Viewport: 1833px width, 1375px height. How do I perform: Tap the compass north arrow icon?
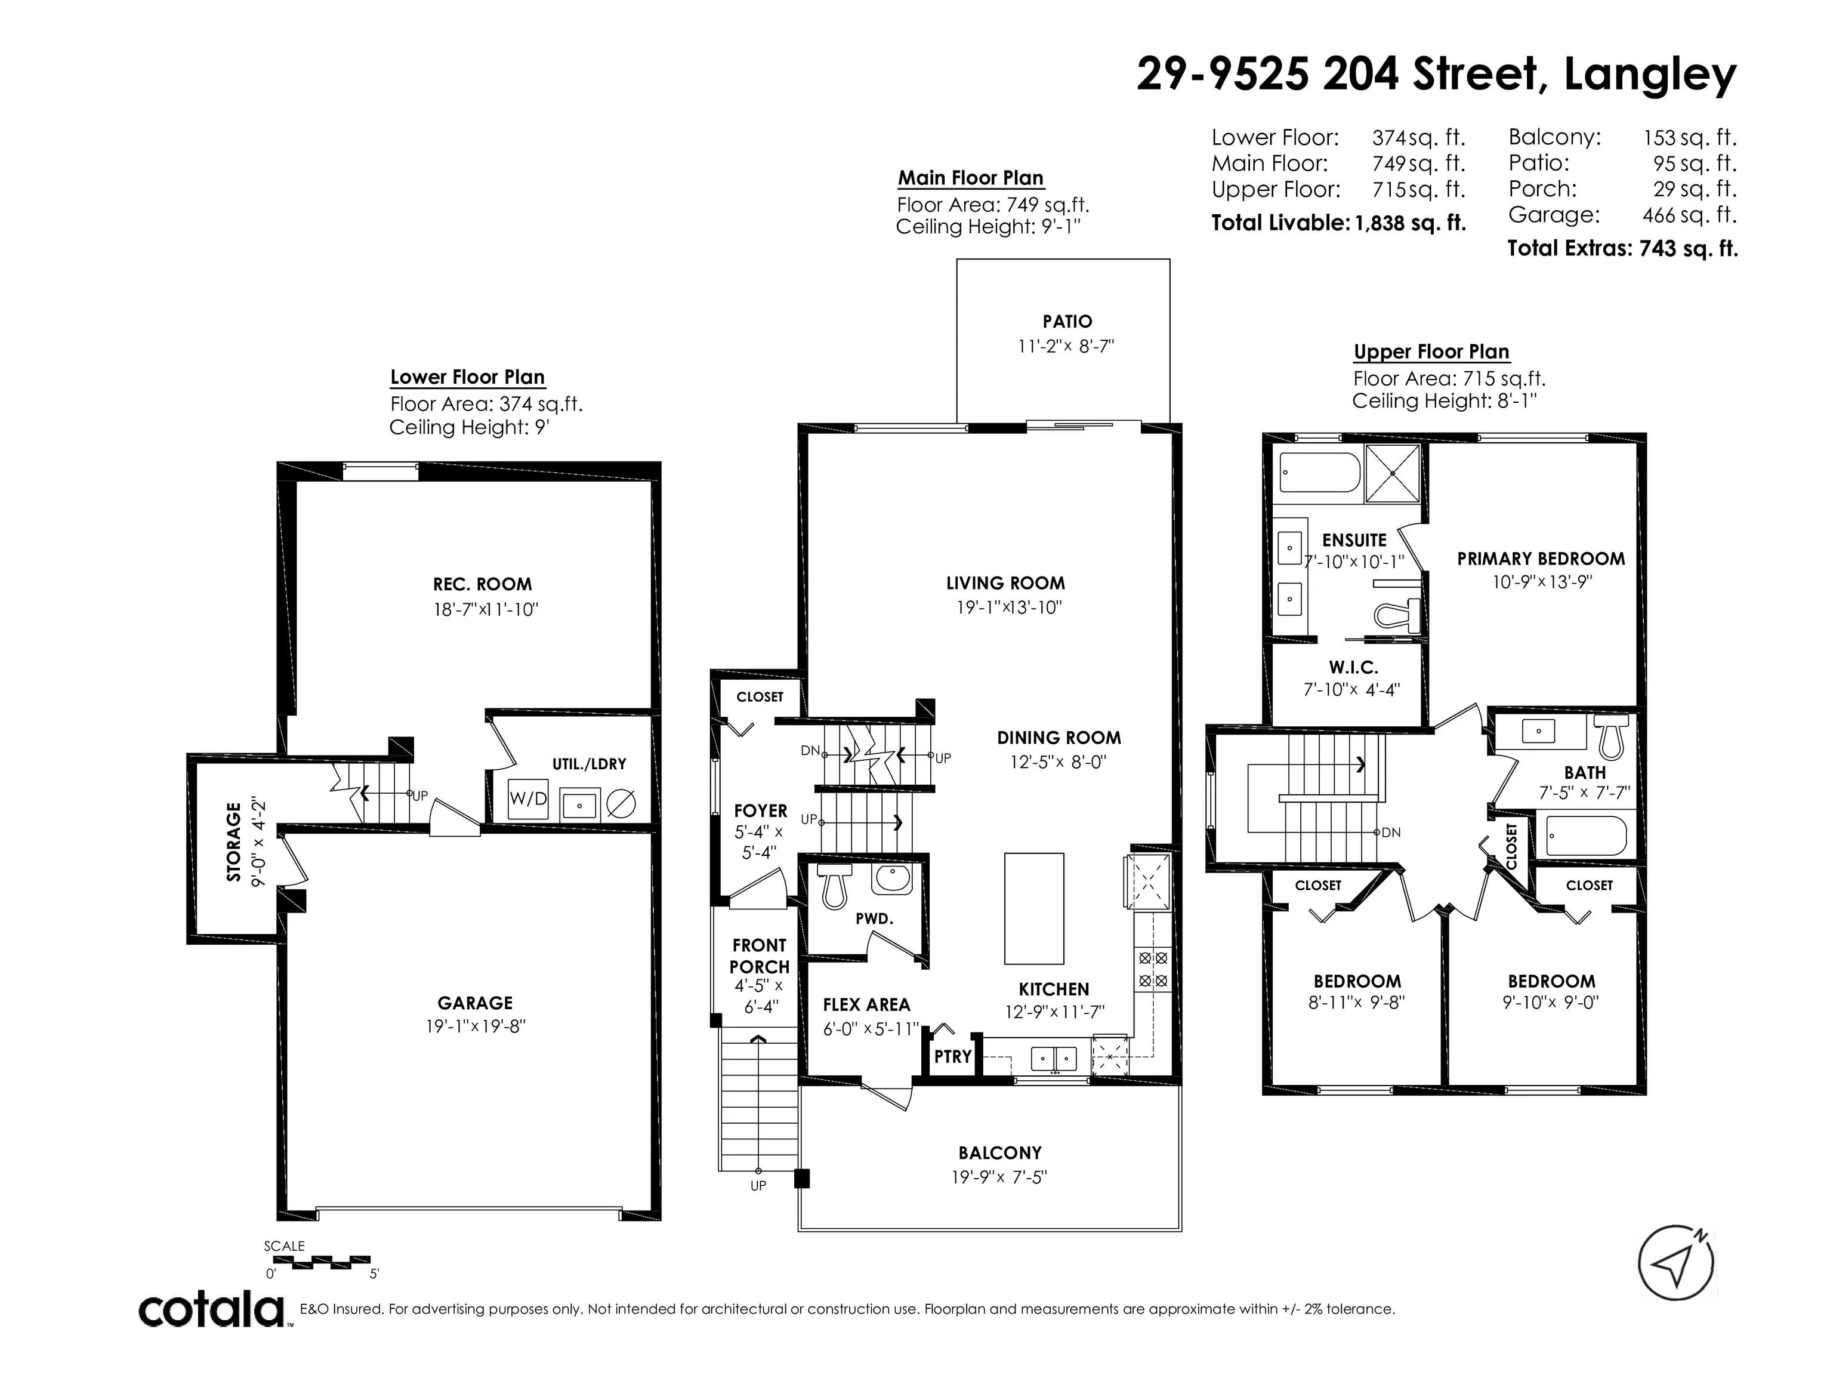point(1675,1263)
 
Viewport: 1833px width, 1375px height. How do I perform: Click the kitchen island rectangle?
point(1033,908)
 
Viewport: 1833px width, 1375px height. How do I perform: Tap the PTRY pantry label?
point(953,1057)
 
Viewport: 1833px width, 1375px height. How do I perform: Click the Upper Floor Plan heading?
point(1431,352)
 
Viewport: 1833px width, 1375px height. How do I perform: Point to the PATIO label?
point(1067,322)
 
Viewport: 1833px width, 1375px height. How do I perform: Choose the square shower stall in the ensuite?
point(1392,473)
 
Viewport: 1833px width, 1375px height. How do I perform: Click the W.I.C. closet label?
point(1353,667)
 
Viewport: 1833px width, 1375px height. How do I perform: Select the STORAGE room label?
point(234,841)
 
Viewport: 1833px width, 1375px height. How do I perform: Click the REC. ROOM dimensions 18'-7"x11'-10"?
point(486,610)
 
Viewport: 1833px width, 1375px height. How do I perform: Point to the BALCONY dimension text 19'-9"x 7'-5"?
point(999,1177)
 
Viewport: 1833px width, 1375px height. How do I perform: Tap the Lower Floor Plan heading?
point(467,378)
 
